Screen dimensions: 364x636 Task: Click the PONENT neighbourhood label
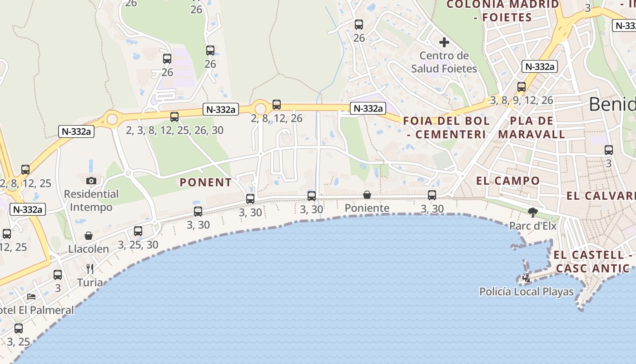click(206, 182)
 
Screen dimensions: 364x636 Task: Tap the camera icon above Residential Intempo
click(91, 180)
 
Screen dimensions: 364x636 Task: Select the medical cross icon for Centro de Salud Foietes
click(444, 43)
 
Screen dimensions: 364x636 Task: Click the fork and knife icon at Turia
click(90, 269)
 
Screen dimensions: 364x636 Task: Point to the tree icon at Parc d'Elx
click(533, 212)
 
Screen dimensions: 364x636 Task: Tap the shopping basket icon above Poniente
click(367, 195)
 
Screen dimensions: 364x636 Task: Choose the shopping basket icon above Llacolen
click(89, 236)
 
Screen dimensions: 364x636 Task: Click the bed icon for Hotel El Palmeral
click(31, 297)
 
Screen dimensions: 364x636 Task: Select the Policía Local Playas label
click(527, 292)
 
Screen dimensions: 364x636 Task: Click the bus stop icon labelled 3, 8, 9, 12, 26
click(522, 86)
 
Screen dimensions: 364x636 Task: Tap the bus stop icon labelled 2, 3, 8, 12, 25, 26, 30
click(174, 116)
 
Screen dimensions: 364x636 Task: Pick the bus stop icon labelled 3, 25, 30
click(138, 231)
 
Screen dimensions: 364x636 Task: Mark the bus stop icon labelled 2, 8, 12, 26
click(277, 105)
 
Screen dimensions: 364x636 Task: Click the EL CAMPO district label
click(508, 181)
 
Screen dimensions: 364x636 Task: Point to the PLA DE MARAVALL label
click(532, 127)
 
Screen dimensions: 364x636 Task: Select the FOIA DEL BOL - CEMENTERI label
click(446, 127)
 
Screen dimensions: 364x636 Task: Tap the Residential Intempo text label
click(91, 201)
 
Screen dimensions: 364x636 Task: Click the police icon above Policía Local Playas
click(527, 278)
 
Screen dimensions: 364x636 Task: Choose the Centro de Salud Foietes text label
click(444, 62)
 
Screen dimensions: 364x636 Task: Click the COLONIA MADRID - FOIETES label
click(502, 11)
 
